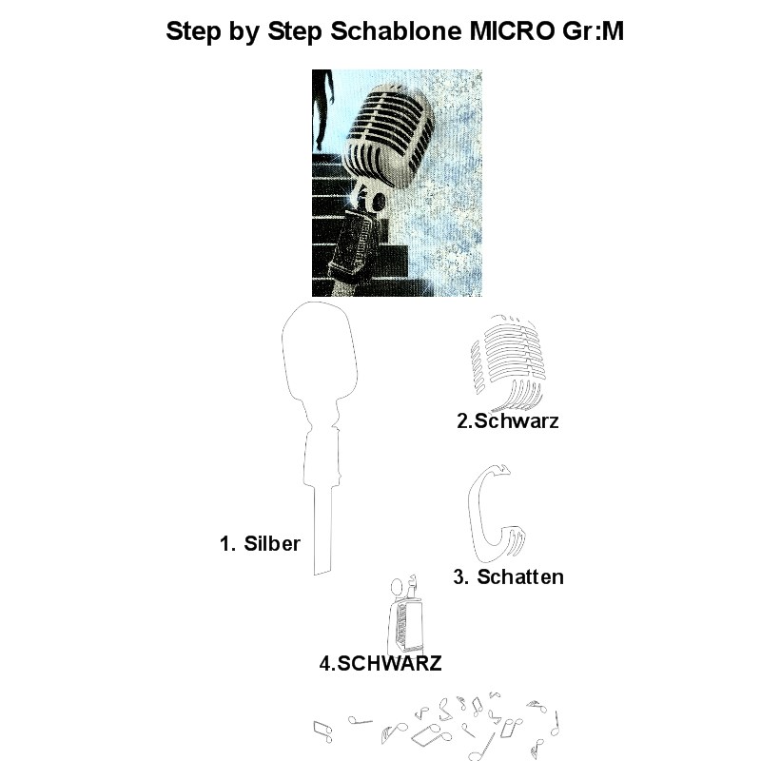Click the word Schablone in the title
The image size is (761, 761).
point(396,31)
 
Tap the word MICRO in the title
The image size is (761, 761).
point(512,31)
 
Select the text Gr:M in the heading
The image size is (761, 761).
point(593,31)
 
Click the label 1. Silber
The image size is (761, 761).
point(260,543)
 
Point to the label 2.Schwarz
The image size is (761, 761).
point(508,420)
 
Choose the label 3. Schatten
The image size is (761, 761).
point(509,577)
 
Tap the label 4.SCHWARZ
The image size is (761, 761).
point(380,663)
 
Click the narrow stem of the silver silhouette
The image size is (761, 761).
point(323,530)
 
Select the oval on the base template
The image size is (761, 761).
point(397,587)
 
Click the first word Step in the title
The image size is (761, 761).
point(194,31)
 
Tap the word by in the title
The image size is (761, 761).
point(244,33)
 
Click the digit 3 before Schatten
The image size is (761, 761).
point(459,577)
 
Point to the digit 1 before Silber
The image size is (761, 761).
point(224,543)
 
